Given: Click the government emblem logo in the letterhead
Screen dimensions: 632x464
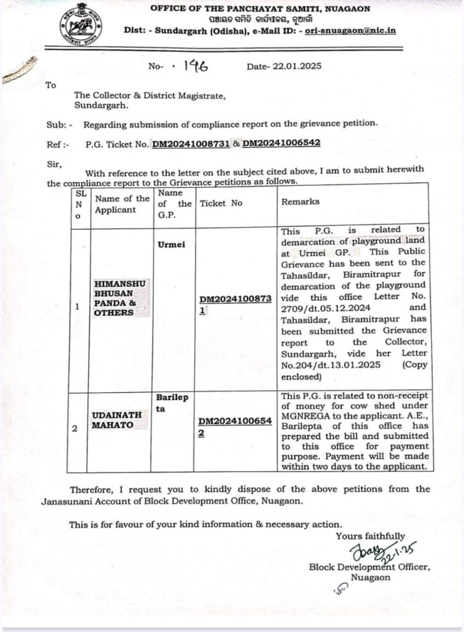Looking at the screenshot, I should tap(81, 23).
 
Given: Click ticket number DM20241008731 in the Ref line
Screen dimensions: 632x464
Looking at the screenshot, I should tap(191, 144).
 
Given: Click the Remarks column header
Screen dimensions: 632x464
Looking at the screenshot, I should tap(300, 202).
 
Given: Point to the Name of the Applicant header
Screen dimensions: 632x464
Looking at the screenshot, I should tap(121, 204).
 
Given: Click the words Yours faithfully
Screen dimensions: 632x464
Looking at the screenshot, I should tap(370, 536).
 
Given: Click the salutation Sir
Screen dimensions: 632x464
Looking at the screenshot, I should tap(54, 164).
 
